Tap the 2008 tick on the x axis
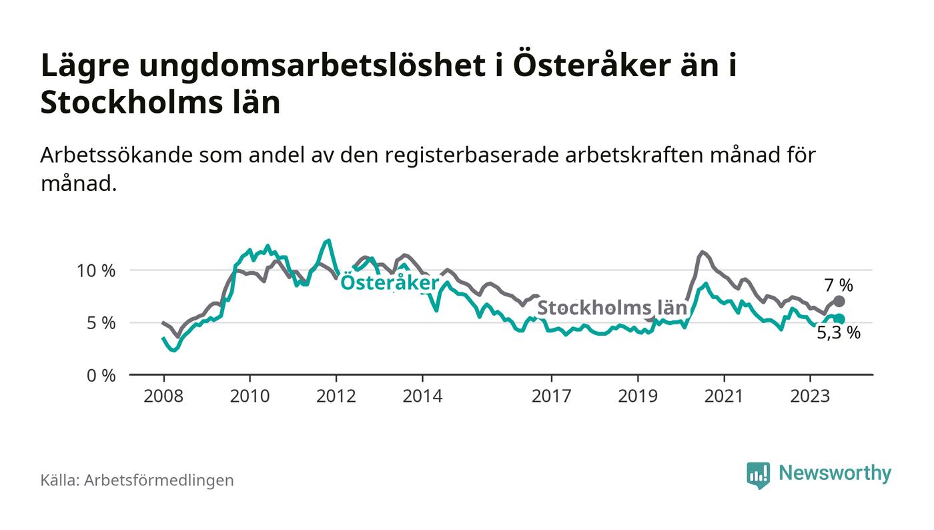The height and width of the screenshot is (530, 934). tap(163, 396)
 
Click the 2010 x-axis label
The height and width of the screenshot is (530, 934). tap(250, 396)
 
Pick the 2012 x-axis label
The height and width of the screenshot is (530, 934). tap(336, 396)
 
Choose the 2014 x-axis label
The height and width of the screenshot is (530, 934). tap(422, 396)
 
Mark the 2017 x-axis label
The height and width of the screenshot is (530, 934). tap(552, 396)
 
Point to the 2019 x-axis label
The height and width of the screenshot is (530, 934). tap(638, 396)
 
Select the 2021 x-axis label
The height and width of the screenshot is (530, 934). tap(724, 396)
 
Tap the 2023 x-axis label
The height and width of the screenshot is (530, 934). tap(810, 396)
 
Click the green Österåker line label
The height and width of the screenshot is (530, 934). tap(390, 283)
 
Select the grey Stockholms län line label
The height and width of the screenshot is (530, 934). tap(612, 308)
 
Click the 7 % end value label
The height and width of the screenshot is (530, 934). tap(839, 286)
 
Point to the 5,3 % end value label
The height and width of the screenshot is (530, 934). tap(839, 332)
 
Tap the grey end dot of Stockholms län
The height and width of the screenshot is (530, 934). tap(839, 302)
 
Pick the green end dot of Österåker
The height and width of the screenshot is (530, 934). tap(839, 320)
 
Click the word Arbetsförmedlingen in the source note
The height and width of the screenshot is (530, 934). tap(159, 480)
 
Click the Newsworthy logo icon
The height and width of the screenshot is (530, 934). tap(758, 475)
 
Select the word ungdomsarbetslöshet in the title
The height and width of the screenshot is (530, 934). tap(298, 67)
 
